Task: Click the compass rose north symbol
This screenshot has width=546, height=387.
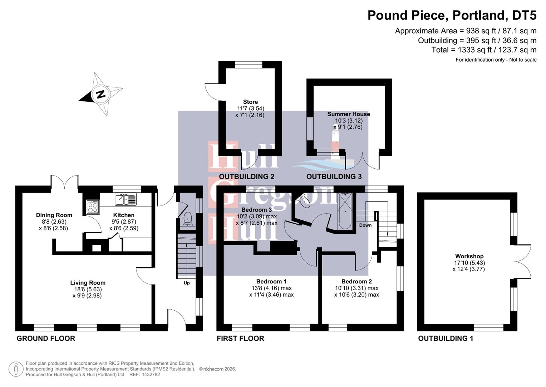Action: click(x=100, y=94)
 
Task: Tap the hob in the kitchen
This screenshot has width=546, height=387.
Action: click(x=93, y=206)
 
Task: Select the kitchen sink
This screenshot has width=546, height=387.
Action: click(x=126, y=199)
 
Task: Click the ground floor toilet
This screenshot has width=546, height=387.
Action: click(x=187, y=219)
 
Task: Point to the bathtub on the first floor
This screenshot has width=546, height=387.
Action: click(x=345, y=211)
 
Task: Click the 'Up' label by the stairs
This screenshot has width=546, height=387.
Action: click(x=187, y=283)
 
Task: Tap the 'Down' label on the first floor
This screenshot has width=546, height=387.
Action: click(x=365, y=225)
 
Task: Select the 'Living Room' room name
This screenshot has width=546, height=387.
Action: click(x=88, y=283)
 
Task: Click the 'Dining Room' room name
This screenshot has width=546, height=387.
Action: click(x=54, y=215)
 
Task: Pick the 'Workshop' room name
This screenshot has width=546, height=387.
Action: click(x=469, y=256)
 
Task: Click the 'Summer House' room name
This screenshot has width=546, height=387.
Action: click(x=349, y=114)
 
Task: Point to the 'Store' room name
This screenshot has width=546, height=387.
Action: click(x=250, y=102)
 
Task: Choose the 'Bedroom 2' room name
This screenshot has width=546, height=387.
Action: click(x=356, y=282)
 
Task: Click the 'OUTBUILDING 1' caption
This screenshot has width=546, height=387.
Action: click(x=446, y=338)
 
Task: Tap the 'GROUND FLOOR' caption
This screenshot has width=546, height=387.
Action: click(x=46, y=338)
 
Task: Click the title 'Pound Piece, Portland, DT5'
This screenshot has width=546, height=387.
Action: click(x=452, y=15)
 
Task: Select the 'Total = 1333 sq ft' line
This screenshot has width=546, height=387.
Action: click(x=484, y=50)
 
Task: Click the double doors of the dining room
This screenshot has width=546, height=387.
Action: click(x=64, y=182)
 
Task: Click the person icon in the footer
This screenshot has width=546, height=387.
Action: click(x=16, y=369)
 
